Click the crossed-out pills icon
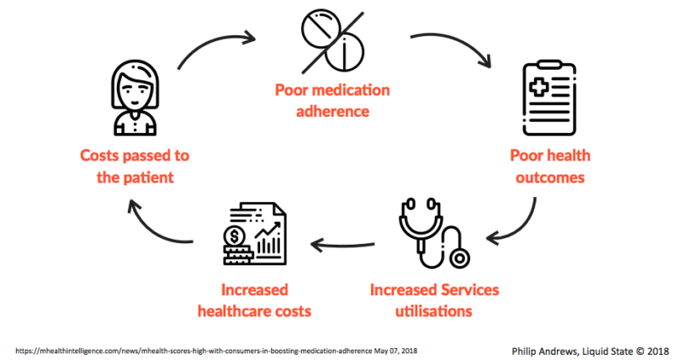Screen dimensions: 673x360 pos(333,42)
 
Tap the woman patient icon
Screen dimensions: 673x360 pos(135,98)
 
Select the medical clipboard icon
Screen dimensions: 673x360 pos(550,98)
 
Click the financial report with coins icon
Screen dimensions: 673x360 pos(254,235)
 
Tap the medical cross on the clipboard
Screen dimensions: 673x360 pos(538,87)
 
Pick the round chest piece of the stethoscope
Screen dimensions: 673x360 pos(459,258)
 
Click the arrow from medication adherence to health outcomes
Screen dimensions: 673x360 pos(455,43)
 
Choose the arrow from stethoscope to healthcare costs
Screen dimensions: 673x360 pos(342,246)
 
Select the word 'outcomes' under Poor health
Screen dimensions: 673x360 pos(550,177)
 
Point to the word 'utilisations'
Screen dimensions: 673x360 pos(433,310)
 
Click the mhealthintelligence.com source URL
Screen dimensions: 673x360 pos(194,351)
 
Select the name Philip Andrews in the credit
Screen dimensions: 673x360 pos(544,351)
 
